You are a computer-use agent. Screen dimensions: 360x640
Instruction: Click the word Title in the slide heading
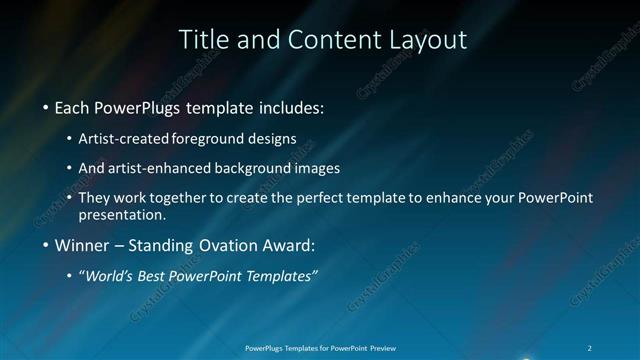pyautogui.click(x=201, y=40)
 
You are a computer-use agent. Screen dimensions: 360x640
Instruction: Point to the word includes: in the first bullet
pyautogui.click(x=288, y=106)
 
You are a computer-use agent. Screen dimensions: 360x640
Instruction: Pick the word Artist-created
pyautogui.click(x=124, y=138)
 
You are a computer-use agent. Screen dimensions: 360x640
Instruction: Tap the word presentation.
pyautogui.click(x=122, y=214)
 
